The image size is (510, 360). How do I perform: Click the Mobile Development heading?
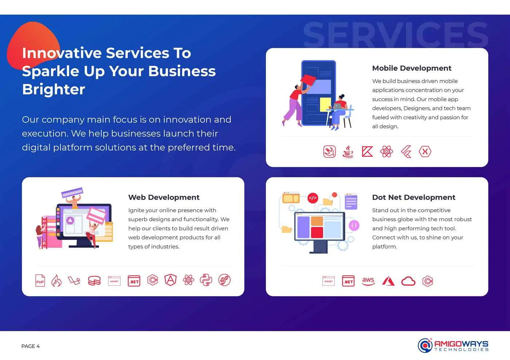coord(412,68)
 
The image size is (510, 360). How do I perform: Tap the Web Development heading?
coord(164,197)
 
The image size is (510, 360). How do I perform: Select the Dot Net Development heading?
coord(413,197)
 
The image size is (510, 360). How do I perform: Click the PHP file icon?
coord(40,280)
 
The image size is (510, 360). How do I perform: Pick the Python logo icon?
coord(206,280)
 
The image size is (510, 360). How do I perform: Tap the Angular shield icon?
coord(170,280)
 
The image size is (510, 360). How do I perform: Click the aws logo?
coord(368,281)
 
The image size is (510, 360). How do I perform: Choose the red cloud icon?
coord(408,281)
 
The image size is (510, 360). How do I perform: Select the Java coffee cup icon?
coord(348,151)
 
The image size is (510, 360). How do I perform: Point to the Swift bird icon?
coord(329,151)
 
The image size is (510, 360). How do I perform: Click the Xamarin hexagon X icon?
coord(425,151)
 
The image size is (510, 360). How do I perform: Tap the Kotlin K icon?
coord(367,151)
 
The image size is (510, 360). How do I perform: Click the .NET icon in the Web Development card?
coord(134,281)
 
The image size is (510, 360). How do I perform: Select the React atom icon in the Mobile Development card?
coord(387,151)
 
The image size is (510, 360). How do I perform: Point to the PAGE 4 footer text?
coord(31,346)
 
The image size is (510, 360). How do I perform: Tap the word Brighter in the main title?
coord(54,89)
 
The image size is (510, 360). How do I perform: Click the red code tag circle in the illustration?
coord(313,198)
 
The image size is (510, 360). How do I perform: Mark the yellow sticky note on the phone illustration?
coord(325,104)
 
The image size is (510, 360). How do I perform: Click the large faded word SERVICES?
coord(395,35)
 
